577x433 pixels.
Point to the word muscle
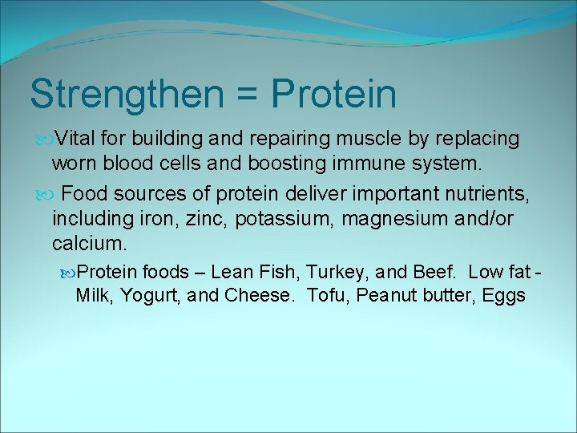pyautogui.click(x=373, y=139)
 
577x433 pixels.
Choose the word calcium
pyautogui.click(x=87, y=242)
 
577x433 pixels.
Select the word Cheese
pyautogui.click(x=256, y=295)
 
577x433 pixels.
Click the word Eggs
pyautogui.click(x=504, y=295)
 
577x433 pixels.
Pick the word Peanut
pyautogui.click(x=388, y=295)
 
